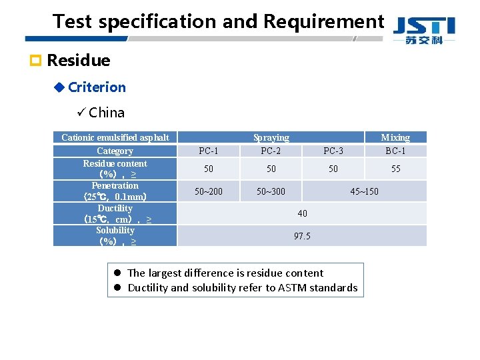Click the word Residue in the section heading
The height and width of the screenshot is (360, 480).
click(x=79, y=61)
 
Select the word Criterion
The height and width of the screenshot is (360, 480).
click(x=97, y=87)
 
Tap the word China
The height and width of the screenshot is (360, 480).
click(x=107, y=113)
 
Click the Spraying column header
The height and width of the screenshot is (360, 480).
click(x=271, y=137)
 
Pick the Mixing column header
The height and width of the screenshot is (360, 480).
click(x=395, y=137)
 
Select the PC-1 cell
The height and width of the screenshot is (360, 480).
click(x=209, y=151)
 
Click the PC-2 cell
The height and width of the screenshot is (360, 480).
click(x=271, y=151)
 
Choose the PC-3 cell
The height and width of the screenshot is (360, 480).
click(x=333, y=151)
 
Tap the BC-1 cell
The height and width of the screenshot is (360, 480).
click(x=395, y=151)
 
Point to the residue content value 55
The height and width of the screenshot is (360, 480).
click(x=395, y=169)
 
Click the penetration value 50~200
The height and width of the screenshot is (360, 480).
click(x=209, y=191)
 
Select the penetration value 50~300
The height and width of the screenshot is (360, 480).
click(x=271, y=191)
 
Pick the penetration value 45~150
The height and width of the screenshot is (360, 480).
click(x=364, y=191)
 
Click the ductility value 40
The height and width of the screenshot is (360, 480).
click(x=302, y=213)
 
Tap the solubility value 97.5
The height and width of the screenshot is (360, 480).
click(x=302, y=236)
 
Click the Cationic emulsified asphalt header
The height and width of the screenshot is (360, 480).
click(x=115, y=137)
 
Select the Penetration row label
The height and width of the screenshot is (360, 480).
click(x=115, y=185)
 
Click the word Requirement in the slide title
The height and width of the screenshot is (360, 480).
click(x=324, y=21)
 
